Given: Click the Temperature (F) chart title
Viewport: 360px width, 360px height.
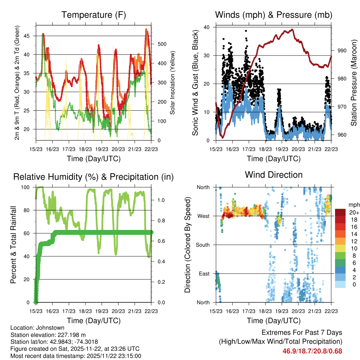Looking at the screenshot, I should point(94,15).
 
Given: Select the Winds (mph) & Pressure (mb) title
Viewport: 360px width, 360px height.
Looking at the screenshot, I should point(274,15).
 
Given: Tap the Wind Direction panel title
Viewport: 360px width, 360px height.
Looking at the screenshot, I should point(274,174).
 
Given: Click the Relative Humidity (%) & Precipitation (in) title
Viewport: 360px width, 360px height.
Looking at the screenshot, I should point(94,177).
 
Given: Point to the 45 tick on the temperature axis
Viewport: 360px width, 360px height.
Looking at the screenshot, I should point(29,36).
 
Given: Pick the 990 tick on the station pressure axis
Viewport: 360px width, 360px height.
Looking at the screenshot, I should point(342,51).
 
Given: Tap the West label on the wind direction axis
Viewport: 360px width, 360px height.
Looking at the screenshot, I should point(203,216).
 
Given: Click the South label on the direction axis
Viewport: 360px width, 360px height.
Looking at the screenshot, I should point(202,245).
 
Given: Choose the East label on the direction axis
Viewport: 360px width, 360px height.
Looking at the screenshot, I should point(204,274).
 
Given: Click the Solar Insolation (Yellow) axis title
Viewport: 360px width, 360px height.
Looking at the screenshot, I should point(173,83).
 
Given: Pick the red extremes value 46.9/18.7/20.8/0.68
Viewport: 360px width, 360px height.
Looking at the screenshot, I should point(312,351).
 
